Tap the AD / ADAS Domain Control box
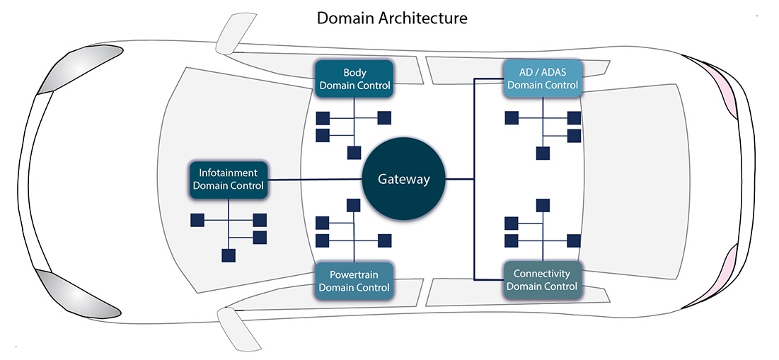[x=543, y=79]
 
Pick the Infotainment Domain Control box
[x=228, y=179]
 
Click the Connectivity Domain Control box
[x=543, y=280]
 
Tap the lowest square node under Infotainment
[x=229, y=255]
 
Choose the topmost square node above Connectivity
[x=543, y=205]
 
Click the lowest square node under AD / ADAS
[x=543, y=152]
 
